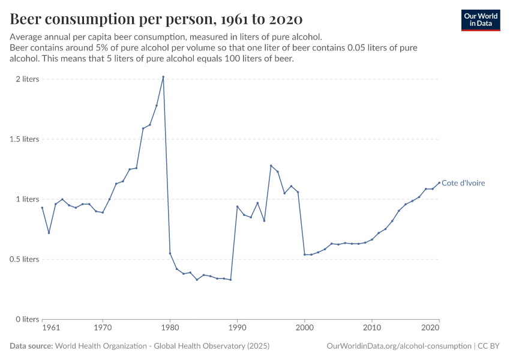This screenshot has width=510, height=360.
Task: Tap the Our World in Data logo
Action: (481, 20)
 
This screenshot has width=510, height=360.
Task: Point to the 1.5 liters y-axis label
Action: (23, 139)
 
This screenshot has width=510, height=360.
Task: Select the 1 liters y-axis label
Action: (27, 199)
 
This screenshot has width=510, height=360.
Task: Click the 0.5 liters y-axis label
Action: (23, 259)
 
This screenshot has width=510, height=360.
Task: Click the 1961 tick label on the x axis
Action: (51, 328)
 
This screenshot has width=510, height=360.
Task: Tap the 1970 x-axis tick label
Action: (103, 328)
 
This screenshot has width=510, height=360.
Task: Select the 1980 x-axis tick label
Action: (170, 328)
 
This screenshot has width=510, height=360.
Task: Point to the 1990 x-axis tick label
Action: (237, 328)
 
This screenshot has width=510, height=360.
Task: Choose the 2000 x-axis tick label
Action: (305, 328)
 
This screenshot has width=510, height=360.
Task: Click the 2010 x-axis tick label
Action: (372, 328)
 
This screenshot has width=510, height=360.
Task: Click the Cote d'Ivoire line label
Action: (463, 183)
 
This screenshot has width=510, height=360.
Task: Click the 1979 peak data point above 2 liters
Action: (163, 77)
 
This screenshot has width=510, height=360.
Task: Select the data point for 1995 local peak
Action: (271, 166)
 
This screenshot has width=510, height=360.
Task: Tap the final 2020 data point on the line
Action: (439, 182)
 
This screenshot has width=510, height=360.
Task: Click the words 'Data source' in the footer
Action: (31, 346)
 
